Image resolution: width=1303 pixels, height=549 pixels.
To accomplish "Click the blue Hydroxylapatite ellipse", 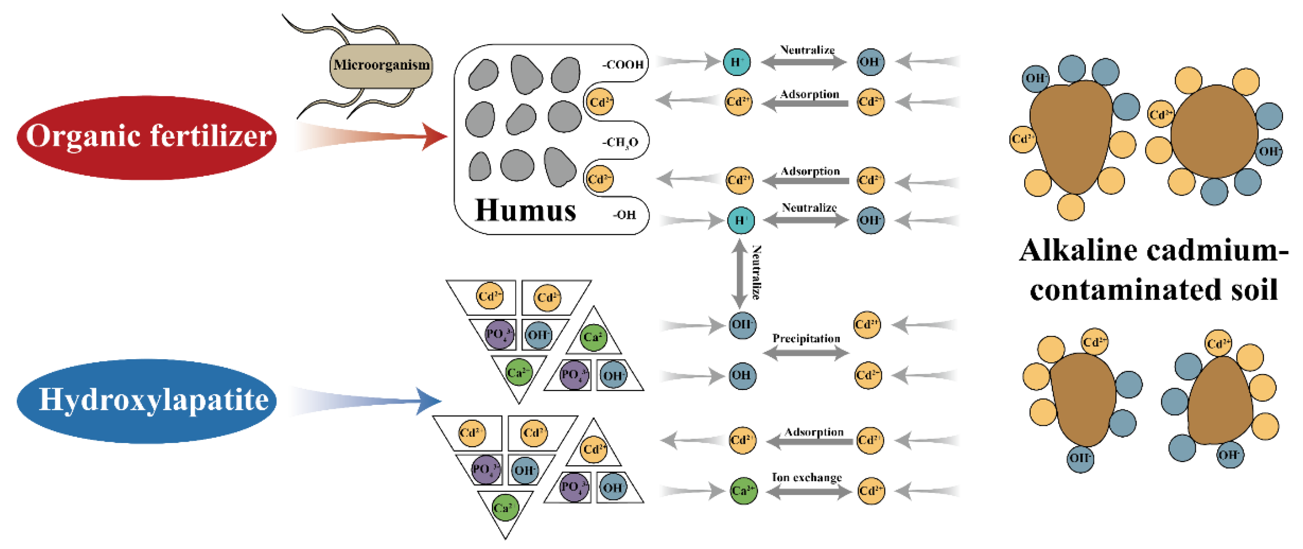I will pyautogui.click(x=147, y=401).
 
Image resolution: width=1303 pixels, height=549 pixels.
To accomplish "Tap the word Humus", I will pyautogui.click(x=526, y=210).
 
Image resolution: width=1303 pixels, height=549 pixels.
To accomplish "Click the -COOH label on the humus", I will pyautogui.click(x=623, y=65).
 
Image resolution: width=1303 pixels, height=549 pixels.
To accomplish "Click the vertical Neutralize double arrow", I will pyautogui.click(x=740, y=273).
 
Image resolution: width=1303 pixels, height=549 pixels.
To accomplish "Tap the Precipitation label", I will pyautogui.click(x=806, y=339).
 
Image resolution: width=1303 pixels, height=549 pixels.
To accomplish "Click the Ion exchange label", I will pyautogui.click(x=807, y=477).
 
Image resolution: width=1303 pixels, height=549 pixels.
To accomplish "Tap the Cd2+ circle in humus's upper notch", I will pyautogui.click(x=600, y=102).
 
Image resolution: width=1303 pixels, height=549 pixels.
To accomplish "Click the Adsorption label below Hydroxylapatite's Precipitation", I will pyautogui.click(x=814, y=432).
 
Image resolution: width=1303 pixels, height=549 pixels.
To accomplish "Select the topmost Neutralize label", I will pyautogui.click(x=807, y=49).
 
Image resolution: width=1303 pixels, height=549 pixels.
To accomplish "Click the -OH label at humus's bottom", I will pyautogui.click(x=625, y=215).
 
